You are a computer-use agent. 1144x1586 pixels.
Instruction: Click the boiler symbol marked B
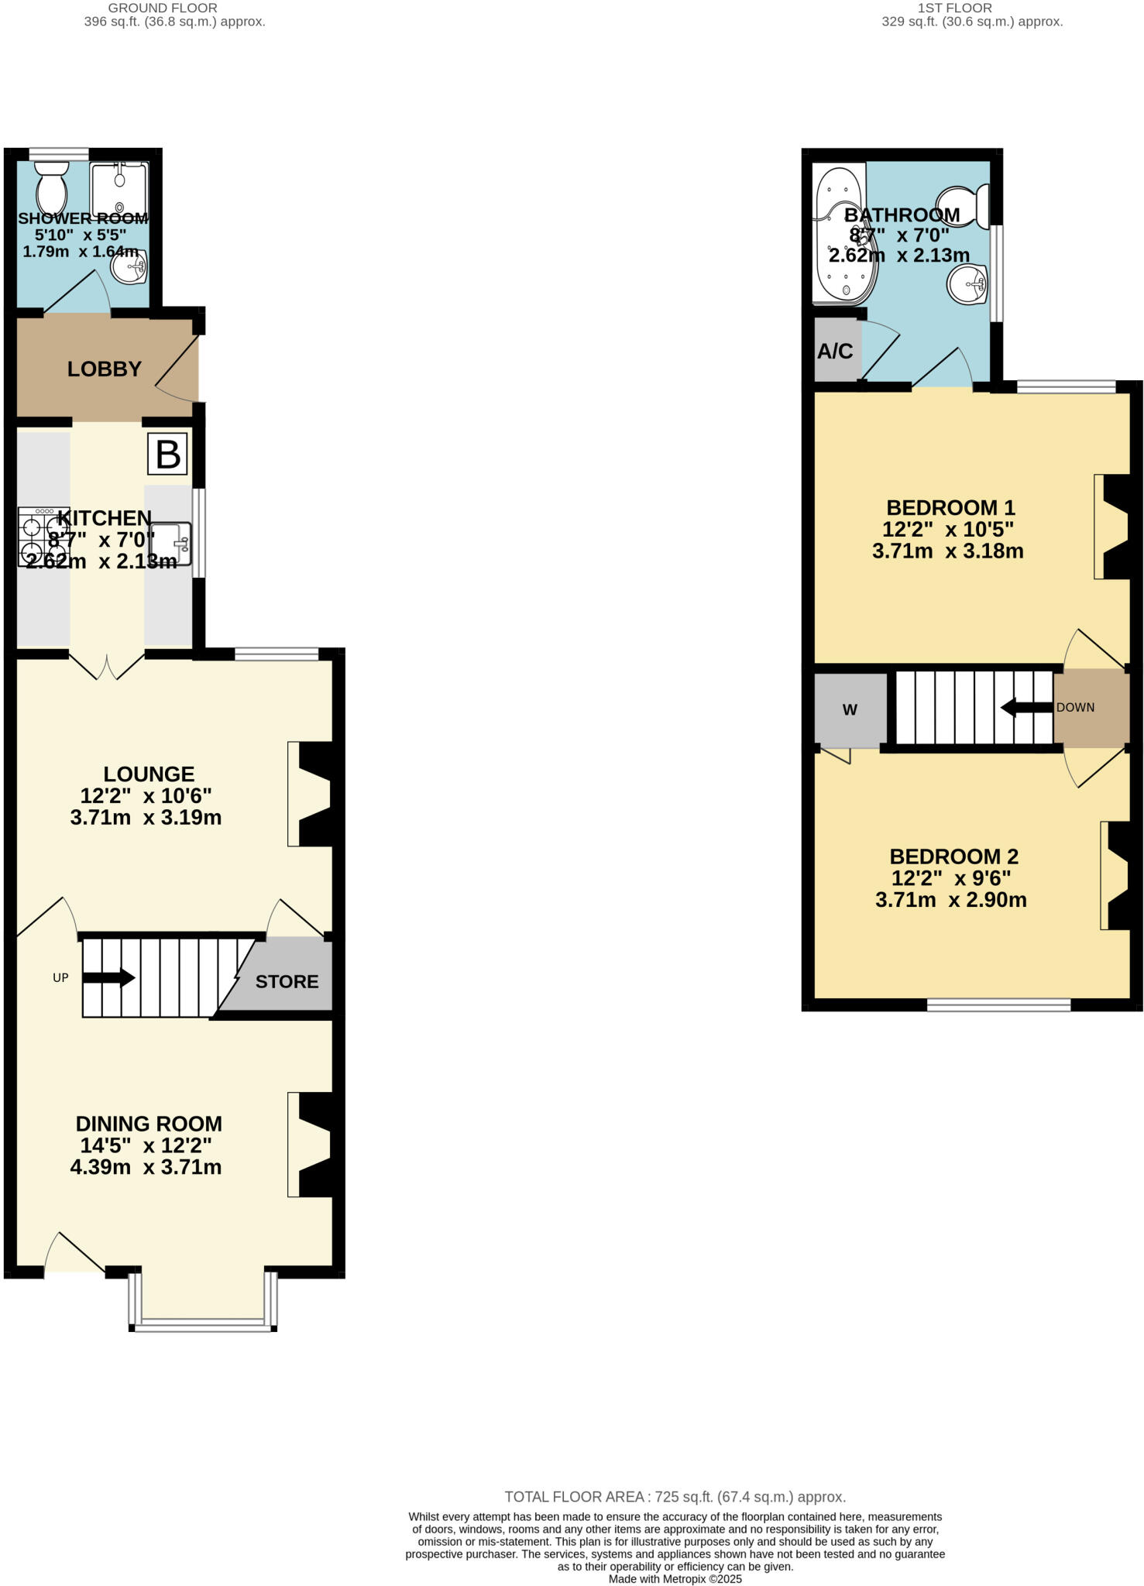pos(168,455)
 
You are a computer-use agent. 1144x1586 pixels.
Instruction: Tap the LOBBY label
pos(105,369)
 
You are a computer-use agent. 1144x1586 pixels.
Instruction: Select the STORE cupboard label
pos(287,982)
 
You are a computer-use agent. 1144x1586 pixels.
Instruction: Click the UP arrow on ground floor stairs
pos(108,978)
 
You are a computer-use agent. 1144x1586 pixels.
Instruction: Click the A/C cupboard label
pos(835,352)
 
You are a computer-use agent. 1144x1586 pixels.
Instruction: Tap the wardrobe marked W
pos(850,710)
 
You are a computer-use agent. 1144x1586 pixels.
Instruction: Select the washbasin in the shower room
pos(129,268)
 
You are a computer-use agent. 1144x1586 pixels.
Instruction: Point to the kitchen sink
pos(170,543)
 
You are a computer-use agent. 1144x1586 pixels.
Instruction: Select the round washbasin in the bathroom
pos(967,283)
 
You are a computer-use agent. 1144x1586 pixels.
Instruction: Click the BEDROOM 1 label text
pos(950,508)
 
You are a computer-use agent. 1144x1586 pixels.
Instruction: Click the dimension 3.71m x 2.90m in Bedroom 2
pos(950,900)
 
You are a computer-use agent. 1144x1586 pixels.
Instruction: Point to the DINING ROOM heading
pos(149,1124)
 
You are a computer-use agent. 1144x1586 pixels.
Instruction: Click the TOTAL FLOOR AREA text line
pos(675,1497)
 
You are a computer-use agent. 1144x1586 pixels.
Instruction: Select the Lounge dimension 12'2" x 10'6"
pos(146,795)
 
